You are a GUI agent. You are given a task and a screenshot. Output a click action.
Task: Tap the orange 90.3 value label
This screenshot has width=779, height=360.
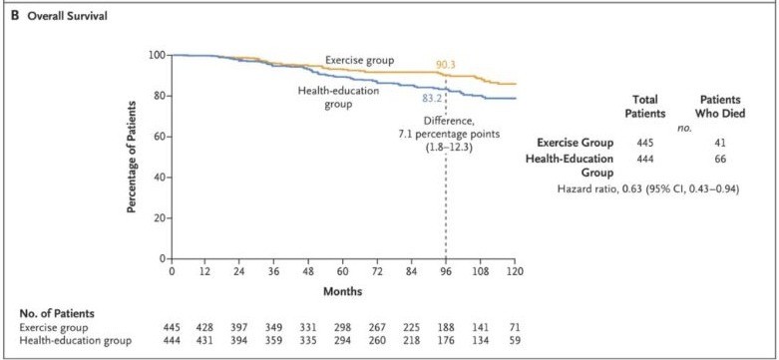pyautogui.click(x=446, y=64)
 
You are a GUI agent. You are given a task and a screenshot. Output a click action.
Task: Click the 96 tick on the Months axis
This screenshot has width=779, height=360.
pyautogui.click(x=445, y=272)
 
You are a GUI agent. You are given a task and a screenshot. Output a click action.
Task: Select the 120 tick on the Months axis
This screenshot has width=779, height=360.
pyautogui.click(x=514, y=272)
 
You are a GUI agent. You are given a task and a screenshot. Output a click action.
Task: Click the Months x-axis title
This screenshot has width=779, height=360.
pyautogui.click(x=342, y=291)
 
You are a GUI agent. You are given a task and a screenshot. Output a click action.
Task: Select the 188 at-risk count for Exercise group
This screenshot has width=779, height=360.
pyautogui.click(x=445, y=326)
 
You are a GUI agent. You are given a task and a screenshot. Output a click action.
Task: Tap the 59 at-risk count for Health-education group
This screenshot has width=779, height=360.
pyautogui.click(x=514, y=339)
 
